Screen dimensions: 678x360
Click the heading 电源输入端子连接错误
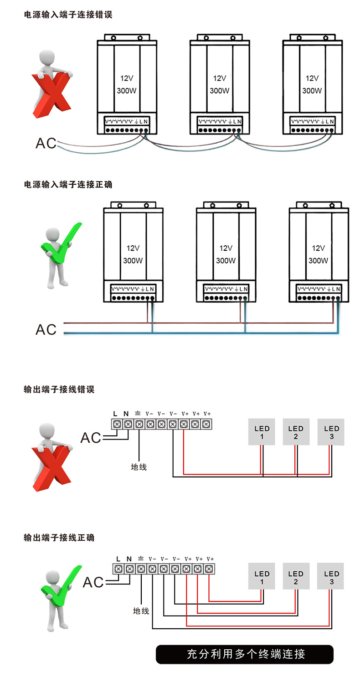68,15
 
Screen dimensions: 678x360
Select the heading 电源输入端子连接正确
68,185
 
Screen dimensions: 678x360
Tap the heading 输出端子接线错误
59,390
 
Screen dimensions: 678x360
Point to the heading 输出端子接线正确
59,538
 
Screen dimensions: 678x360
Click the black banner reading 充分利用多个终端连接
245,654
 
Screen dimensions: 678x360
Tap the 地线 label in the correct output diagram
141,611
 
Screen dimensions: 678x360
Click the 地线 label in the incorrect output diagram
139,467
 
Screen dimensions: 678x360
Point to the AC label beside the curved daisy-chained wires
46,143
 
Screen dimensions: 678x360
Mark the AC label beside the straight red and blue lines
46,329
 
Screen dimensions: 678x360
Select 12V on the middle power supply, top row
219,78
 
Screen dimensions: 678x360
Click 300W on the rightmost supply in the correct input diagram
318,261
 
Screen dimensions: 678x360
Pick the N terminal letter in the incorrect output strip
127,414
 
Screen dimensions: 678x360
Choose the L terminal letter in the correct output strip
118,559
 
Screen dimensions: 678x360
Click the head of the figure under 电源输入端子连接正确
53,236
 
